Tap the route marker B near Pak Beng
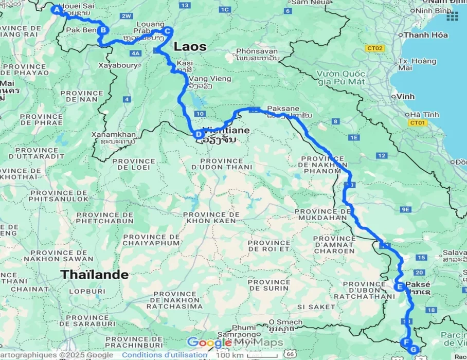[103, 30]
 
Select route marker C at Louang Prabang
[167, 31]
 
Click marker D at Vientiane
[198, 135]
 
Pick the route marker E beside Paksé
[398, 287]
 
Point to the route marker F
[406, 342]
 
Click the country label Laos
[190, 47]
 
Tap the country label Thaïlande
[95, 275]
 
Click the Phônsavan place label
[257, 51]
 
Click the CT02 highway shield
[374, 48]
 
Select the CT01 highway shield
[417, 123]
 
